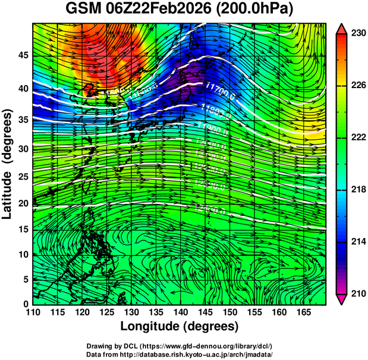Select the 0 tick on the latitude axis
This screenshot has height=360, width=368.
[x=26, y=303]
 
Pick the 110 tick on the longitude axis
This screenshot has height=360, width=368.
[x=33, y=312]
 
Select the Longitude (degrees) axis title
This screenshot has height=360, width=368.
[x=180, y=326]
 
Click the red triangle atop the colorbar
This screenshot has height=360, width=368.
[x=342, y=29]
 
